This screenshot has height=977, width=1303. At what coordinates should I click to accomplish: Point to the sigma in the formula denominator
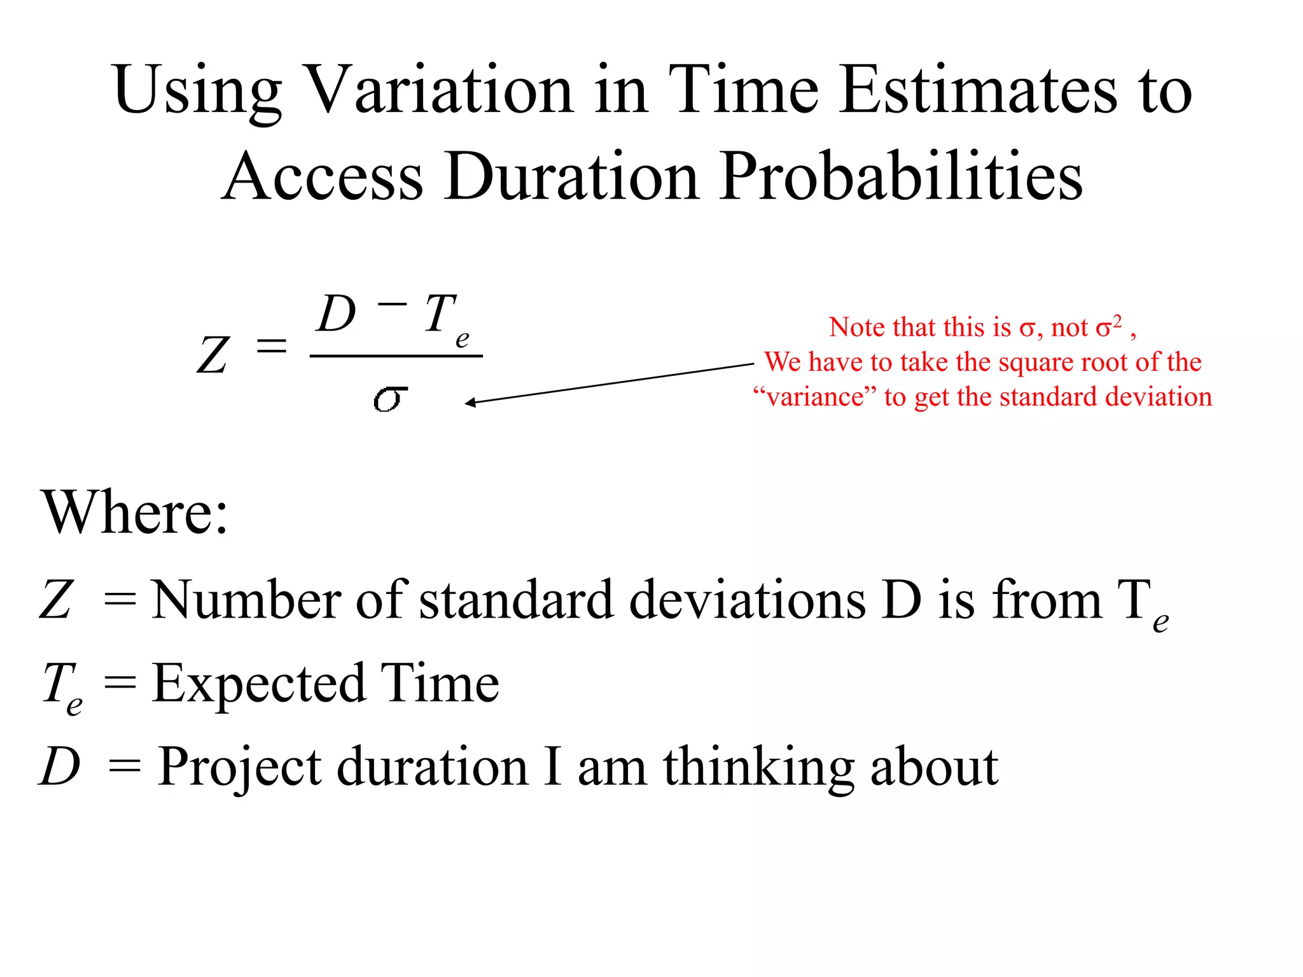[389, 399]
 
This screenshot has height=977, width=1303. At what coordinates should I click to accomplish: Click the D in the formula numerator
[336, 314]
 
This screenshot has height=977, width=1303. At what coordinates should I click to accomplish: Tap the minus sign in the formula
[392, 303]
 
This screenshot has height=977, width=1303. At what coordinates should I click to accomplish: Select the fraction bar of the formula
[396, 356]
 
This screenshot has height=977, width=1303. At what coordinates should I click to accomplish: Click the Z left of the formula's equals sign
[212, 355]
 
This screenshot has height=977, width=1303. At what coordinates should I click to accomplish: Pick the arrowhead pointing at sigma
[471, 402]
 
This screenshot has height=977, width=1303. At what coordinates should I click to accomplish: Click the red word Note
[854, 328]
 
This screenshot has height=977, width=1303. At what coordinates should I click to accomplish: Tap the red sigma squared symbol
[1108, 326]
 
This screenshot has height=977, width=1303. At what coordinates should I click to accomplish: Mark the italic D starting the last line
[60, 766]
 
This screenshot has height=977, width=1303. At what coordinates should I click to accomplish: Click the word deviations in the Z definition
[747, 600]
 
